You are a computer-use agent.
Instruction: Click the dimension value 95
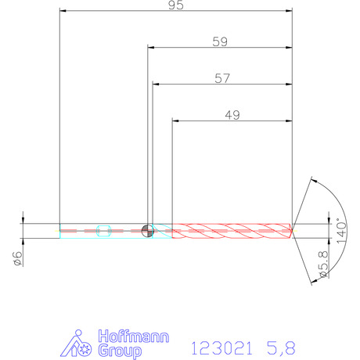tap(176, 5)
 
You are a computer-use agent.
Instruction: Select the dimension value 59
tap(220, 41)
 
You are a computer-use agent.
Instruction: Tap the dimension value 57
tap(222, 78)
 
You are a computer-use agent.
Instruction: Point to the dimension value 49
tap(232, 115)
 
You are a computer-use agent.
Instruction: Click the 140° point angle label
tap(341, 231)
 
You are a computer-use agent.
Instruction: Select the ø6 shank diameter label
tap(18, 259)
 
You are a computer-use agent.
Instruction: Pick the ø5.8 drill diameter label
tap(324, 265)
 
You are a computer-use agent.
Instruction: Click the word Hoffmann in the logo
tap(134, 336)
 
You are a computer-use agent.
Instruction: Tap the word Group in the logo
tap(120, 351)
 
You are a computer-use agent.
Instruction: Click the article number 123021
tap(222, 348)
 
